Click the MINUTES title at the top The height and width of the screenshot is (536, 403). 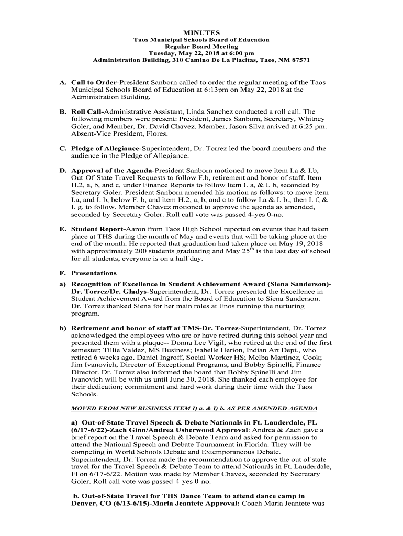[x=201, y=32]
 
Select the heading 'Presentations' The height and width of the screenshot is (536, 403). [x=94, y=273]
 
